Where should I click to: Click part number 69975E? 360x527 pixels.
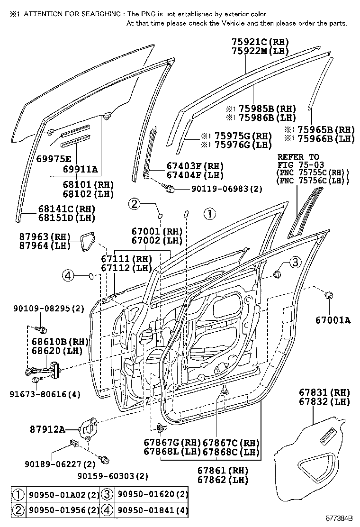[x=54, y=159]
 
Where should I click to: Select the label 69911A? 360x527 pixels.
[x=81, y=168]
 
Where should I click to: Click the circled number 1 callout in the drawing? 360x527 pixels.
[x=209, y=214]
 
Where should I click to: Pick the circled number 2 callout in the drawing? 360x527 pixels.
[x=135, y=204]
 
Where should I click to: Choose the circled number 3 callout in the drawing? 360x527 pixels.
[x=295, y=262]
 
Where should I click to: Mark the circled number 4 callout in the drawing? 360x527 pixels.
[x=69, y=275]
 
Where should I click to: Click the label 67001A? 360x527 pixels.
[x=333, y=320]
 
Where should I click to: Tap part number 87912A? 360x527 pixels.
[x=59, y=429]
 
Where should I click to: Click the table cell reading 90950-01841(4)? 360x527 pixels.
[x=152, y=510]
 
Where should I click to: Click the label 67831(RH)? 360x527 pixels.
[x=324, y=392]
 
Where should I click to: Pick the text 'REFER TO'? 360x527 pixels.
[x=298, y=157]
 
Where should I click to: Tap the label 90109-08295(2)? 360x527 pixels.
[x=49, y=309]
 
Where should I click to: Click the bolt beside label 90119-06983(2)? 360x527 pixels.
[x=169, y=189]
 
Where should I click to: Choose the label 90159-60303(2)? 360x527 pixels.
[x=113, y=475]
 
